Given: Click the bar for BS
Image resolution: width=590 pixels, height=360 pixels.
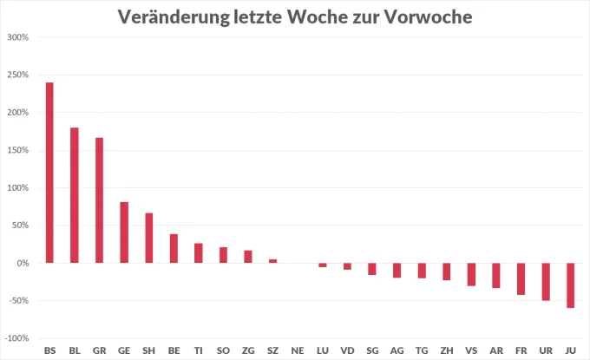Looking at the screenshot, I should point(49,173).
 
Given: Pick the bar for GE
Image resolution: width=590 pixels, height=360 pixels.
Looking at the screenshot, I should point(124,232).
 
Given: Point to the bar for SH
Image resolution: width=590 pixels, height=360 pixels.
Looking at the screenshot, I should point(149,238).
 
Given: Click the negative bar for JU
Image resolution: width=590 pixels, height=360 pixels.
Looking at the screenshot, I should point(570,285).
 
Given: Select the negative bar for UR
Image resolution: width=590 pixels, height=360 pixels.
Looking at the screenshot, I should point(546,281).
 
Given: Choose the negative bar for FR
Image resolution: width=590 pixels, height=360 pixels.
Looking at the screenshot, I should point(521,278).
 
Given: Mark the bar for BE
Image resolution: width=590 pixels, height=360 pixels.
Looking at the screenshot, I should point(174,248).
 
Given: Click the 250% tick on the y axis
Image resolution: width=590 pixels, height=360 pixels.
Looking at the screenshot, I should point(18,75).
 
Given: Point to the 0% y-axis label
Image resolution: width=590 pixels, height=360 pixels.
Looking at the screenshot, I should point(23,263).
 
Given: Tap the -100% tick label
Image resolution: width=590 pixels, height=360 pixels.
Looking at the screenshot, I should point(17,338).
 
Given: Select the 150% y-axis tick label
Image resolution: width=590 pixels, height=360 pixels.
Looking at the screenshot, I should point(18,150).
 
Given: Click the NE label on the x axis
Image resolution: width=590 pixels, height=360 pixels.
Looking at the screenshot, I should point(298,350).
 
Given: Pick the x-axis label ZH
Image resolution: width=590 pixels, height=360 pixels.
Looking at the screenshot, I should point(447,350).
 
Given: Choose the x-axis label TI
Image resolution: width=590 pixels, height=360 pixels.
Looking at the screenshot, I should point(199,350).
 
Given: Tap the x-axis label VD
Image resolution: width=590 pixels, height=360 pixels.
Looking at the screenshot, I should point(347,350).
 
